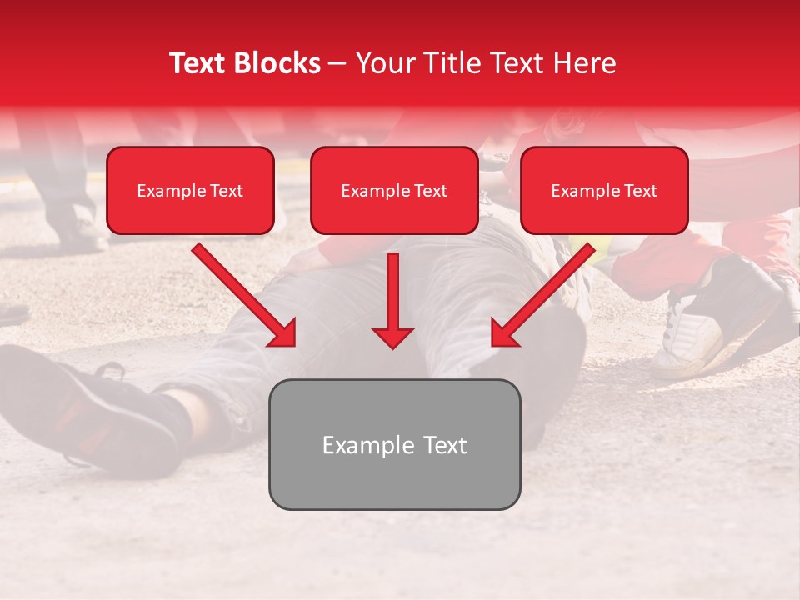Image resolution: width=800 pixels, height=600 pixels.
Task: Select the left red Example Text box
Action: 190,191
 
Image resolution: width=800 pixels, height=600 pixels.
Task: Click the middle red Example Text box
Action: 394,191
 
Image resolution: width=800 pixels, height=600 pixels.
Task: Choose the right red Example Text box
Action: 604,191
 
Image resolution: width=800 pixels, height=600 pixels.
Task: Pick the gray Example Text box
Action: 394,444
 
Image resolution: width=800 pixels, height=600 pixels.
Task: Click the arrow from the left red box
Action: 243,294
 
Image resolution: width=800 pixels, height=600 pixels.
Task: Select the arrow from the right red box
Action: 544,294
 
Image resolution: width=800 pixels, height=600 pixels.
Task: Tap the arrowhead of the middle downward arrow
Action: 392,337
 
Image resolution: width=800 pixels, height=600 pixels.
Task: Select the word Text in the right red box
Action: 640,191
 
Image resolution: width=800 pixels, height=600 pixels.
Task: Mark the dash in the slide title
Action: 337,64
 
